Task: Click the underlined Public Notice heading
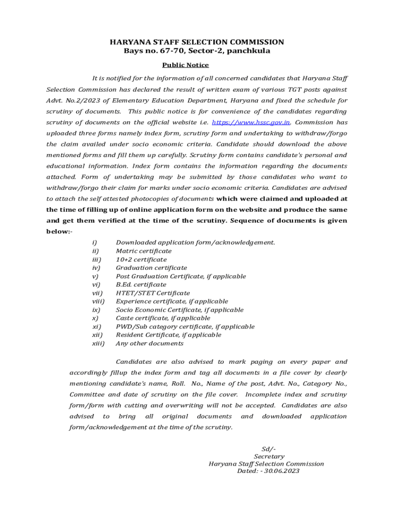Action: point(185,65)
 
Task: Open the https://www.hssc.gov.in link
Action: point(251,122)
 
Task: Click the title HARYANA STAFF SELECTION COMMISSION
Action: point(196,42)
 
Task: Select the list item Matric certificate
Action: point(144,251)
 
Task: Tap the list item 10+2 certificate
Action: point(141,259)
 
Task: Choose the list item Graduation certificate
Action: point(151,268)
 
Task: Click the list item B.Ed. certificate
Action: point(141,285)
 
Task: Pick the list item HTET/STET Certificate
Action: point(152,293)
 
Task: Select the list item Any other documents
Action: point(149,343)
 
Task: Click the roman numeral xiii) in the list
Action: point(98,343)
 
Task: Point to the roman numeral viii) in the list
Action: point(98,301)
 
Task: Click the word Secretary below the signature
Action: point(269,456)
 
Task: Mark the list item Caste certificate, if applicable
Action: point(163,318)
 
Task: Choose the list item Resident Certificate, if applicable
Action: point(168,335)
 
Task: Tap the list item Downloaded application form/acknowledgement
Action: point(195,243)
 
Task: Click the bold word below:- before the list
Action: point(59,231)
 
